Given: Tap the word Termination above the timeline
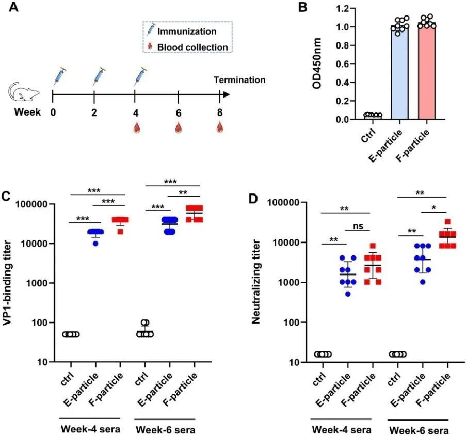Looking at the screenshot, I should [x=240, y=80].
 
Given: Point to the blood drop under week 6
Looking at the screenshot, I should [x=178, y=127].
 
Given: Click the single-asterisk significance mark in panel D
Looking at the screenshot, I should [x=433, y=208].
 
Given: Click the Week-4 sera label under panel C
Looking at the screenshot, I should [x=91, y=428].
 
